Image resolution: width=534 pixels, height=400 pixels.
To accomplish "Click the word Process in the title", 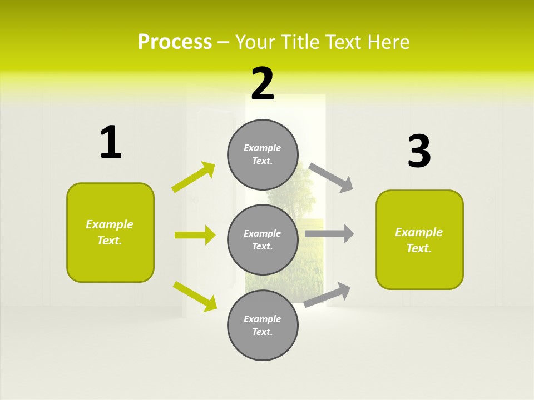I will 175,42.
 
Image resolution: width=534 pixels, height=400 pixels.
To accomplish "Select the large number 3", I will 419,151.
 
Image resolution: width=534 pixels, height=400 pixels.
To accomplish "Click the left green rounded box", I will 110,232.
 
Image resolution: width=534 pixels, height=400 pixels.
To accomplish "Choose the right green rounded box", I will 419,239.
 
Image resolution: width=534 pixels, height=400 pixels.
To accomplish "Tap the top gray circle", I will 263,154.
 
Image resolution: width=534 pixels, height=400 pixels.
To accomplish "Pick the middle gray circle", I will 263,239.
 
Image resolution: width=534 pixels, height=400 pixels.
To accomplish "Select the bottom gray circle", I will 263,325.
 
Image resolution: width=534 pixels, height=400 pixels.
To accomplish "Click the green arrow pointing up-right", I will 194,177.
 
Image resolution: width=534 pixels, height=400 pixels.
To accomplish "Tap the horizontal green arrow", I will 195,235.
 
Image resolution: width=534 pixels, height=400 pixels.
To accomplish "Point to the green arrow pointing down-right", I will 195,296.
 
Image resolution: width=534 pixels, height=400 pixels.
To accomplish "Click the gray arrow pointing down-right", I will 331,177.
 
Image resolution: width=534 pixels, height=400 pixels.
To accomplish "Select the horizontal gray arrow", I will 329,233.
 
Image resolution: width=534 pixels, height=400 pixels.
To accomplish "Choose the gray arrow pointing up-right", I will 327,294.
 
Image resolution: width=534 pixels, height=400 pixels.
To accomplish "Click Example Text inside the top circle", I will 263,154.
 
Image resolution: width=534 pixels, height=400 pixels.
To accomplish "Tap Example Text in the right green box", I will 419,240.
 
